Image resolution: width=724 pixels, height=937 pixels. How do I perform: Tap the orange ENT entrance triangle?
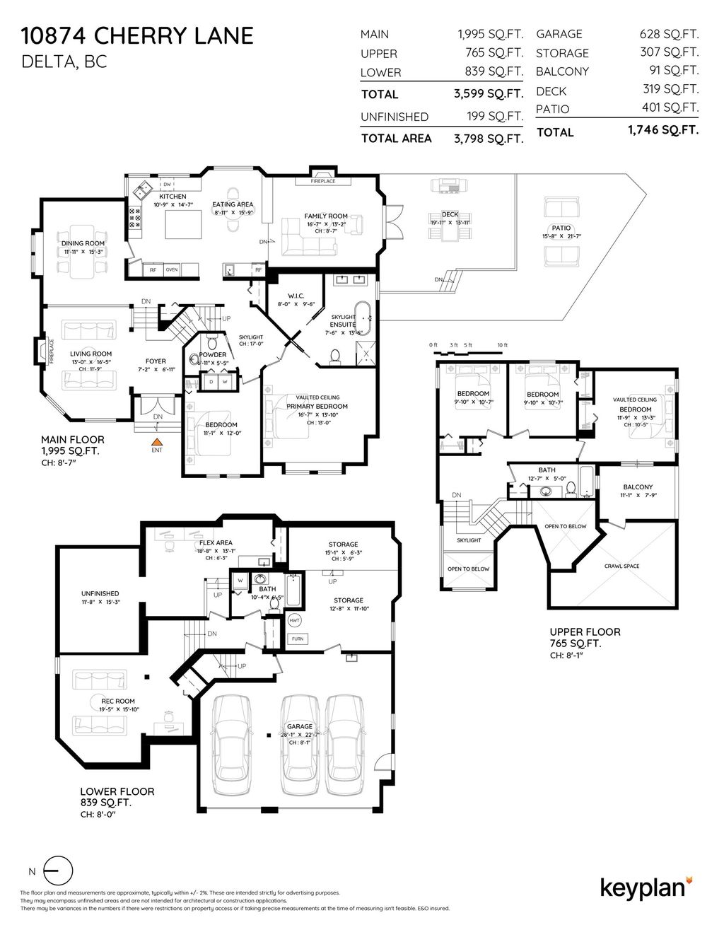(156, 443)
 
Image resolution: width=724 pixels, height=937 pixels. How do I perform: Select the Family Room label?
(326, 216)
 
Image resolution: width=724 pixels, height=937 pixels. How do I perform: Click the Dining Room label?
(83, 243)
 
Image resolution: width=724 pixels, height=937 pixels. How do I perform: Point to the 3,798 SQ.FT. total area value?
(489, 139)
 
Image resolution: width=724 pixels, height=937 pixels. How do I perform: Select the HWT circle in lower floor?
(295, 621)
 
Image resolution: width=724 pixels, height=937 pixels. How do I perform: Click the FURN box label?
(297, 639)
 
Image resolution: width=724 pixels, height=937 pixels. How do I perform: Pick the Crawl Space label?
(621, 566)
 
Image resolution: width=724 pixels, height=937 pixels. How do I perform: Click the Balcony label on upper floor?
(637, 487)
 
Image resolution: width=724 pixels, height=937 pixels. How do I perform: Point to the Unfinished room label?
(100, 593)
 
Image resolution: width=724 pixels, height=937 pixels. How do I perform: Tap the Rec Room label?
(103, 702)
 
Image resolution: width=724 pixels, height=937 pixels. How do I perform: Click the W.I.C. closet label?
(296, 296)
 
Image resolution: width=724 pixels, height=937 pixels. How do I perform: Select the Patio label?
(561, 228)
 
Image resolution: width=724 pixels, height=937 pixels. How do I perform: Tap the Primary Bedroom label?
(317, 407)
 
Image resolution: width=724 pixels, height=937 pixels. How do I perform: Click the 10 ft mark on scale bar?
(502, 345)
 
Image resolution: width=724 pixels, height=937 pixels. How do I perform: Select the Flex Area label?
(216, 543)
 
